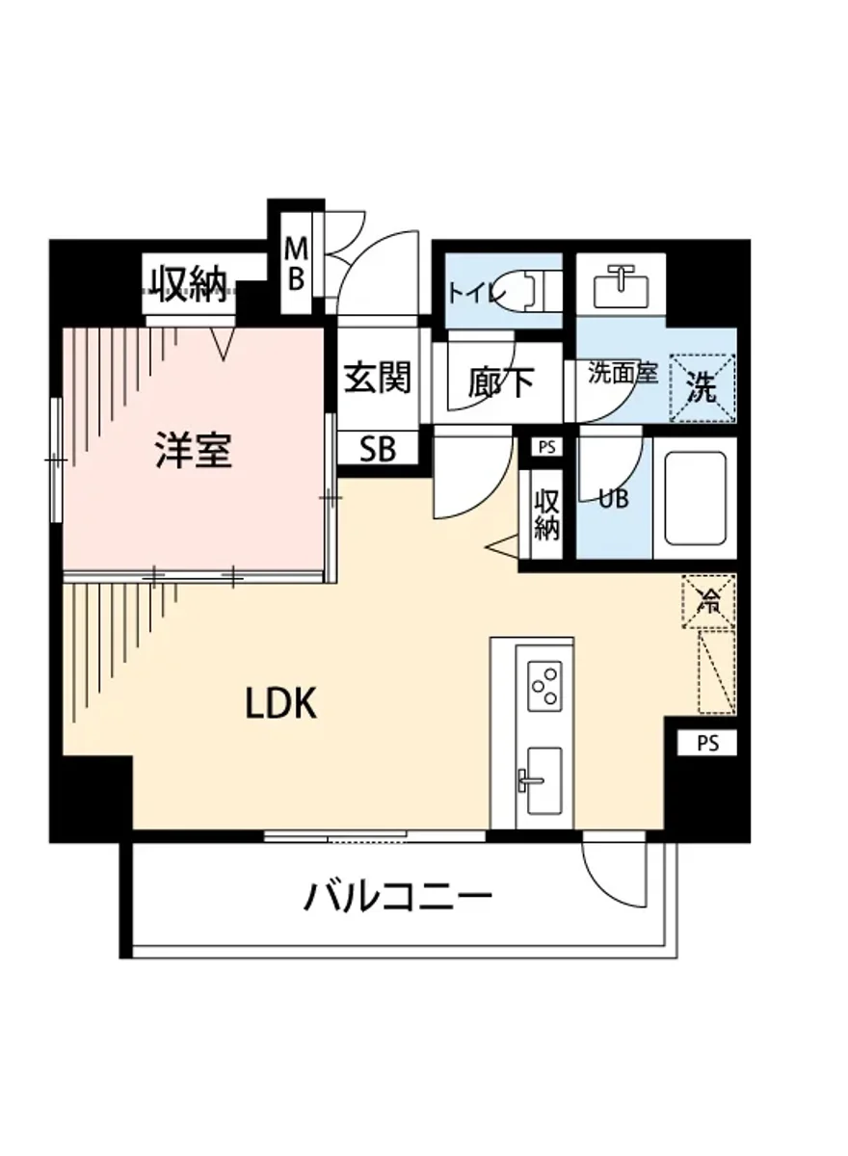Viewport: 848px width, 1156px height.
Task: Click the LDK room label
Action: tap(281, 705)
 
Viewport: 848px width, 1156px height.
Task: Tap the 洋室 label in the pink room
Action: tap(194, 451)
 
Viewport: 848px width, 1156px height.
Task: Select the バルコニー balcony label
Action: tap(399, 898)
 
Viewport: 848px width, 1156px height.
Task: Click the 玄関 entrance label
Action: tap(377, 378)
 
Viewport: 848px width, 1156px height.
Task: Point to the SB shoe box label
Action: tap(378, 449)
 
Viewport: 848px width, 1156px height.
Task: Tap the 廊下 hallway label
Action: tap(501, 381)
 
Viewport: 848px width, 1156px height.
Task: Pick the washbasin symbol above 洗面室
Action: tap(620, 282)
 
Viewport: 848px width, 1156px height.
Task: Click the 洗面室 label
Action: tap(623, 374)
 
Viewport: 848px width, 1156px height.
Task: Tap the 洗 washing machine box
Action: tap(702, 388)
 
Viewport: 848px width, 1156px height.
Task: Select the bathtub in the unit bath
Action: tap(694, 498)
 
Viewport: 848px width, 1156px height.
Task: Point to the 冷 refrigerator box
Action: tap(708, 601)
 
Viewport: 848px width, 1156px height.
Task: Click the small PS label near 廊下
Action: tap(546, 447)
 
